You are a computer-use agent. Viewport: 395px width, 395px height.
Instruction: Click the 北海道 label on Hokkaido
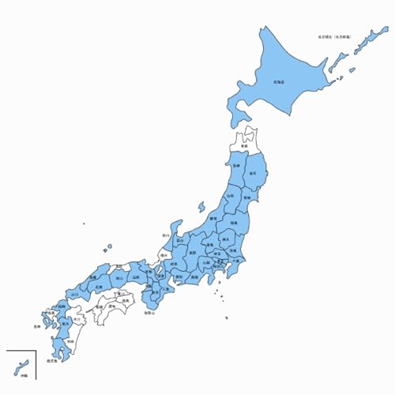pyautogui.click(x=278, y=81)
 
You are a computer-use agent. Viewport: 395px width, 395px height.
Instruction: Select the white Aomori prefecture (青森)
pyautogui.click(x=246, y=146)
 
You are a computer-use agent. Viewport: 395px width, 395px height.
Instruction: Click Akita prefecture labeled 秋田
pyautogui.click(x=236, y=167)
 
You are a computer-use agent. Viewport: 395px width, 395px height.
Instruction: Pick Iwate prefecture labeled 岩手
pyautogui.click(x=253, y=172)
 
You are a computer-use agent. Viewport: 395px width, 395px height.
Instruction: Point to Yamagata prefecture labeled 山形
pyautogui.click(x=230, y=195)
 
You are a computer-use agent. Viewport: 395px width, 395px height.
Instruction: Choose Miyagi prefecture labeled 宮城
pyautogui.click(x=246, y=197)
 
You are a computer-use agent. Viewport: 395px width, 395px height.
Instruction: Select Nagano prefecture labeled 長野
pyautogui.click(x=192, y=253)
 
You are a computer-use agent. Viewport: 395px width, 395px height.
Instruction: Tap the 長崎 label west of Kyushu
pyautogui.click(x=37, y=325)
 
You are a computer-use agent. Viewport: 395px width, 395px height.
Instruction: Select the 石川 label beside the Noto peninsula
pyautogui.click(x=166, y=235)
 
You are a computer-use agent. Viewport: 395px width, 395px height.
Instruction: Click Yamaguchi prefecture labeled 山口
pyautogui.click(x=76, y=293)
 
